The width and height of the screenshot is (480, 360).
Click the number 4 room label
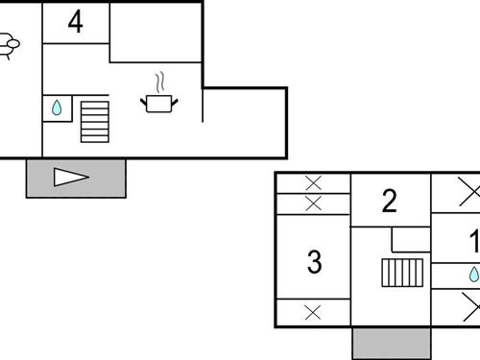pyautogui.click(x=75, y=22)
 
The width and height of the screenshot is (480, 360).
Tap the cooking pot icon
pyautogui.click(x=159, y=101)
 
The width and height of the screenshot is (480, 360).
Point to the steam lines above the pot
pyautogui.click(x=161, y=79)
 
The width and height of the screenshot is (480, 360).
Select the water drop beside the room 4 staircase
pyautogui.click(x=57, y=108)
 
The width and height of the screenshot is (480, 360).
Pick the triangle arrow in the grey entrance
pyautogui.click(x=70, y=178)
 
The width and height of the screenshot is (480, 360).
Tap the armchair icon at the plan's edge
pyautogui.click(x=7, y=44)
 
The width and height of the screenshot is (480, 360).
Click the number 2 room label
pyautogui.click(x=389, y=201)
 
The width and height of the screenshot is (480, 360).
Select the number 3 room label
pyautogui.click(x=314, y=262)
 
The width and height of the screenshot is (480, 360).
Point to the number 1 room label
pyautogui.click(x=473, y=240)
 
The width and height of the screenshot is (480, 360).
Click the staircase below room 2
pyautogui.click(x=403, y=273)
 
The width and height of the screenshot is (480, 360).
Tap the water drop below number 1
pyautogui.click(x=473, y=276)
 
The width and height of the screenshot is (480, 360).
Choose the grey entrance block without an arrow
pyautogui.click(x=392, y=343)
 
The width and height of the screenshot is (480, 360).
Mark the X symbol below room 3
pyautogui.click(x=313, y=311)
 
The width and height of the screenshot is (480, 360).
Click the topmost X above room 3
pyautogui.click(x=313, y=182)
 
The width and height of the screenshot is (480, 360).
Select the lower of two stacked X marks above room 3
pyautogui.click(x=313, y=203)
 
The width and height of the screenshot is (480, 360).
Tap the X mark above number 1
pyautogui.click(x=468, y=192)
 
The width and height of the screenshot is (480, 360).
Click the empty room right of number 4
pyautogui.click(x=156, y=33)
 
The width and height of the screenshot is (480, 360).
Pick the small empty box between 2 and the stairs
pyautogui.click(x=410, y=240)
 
